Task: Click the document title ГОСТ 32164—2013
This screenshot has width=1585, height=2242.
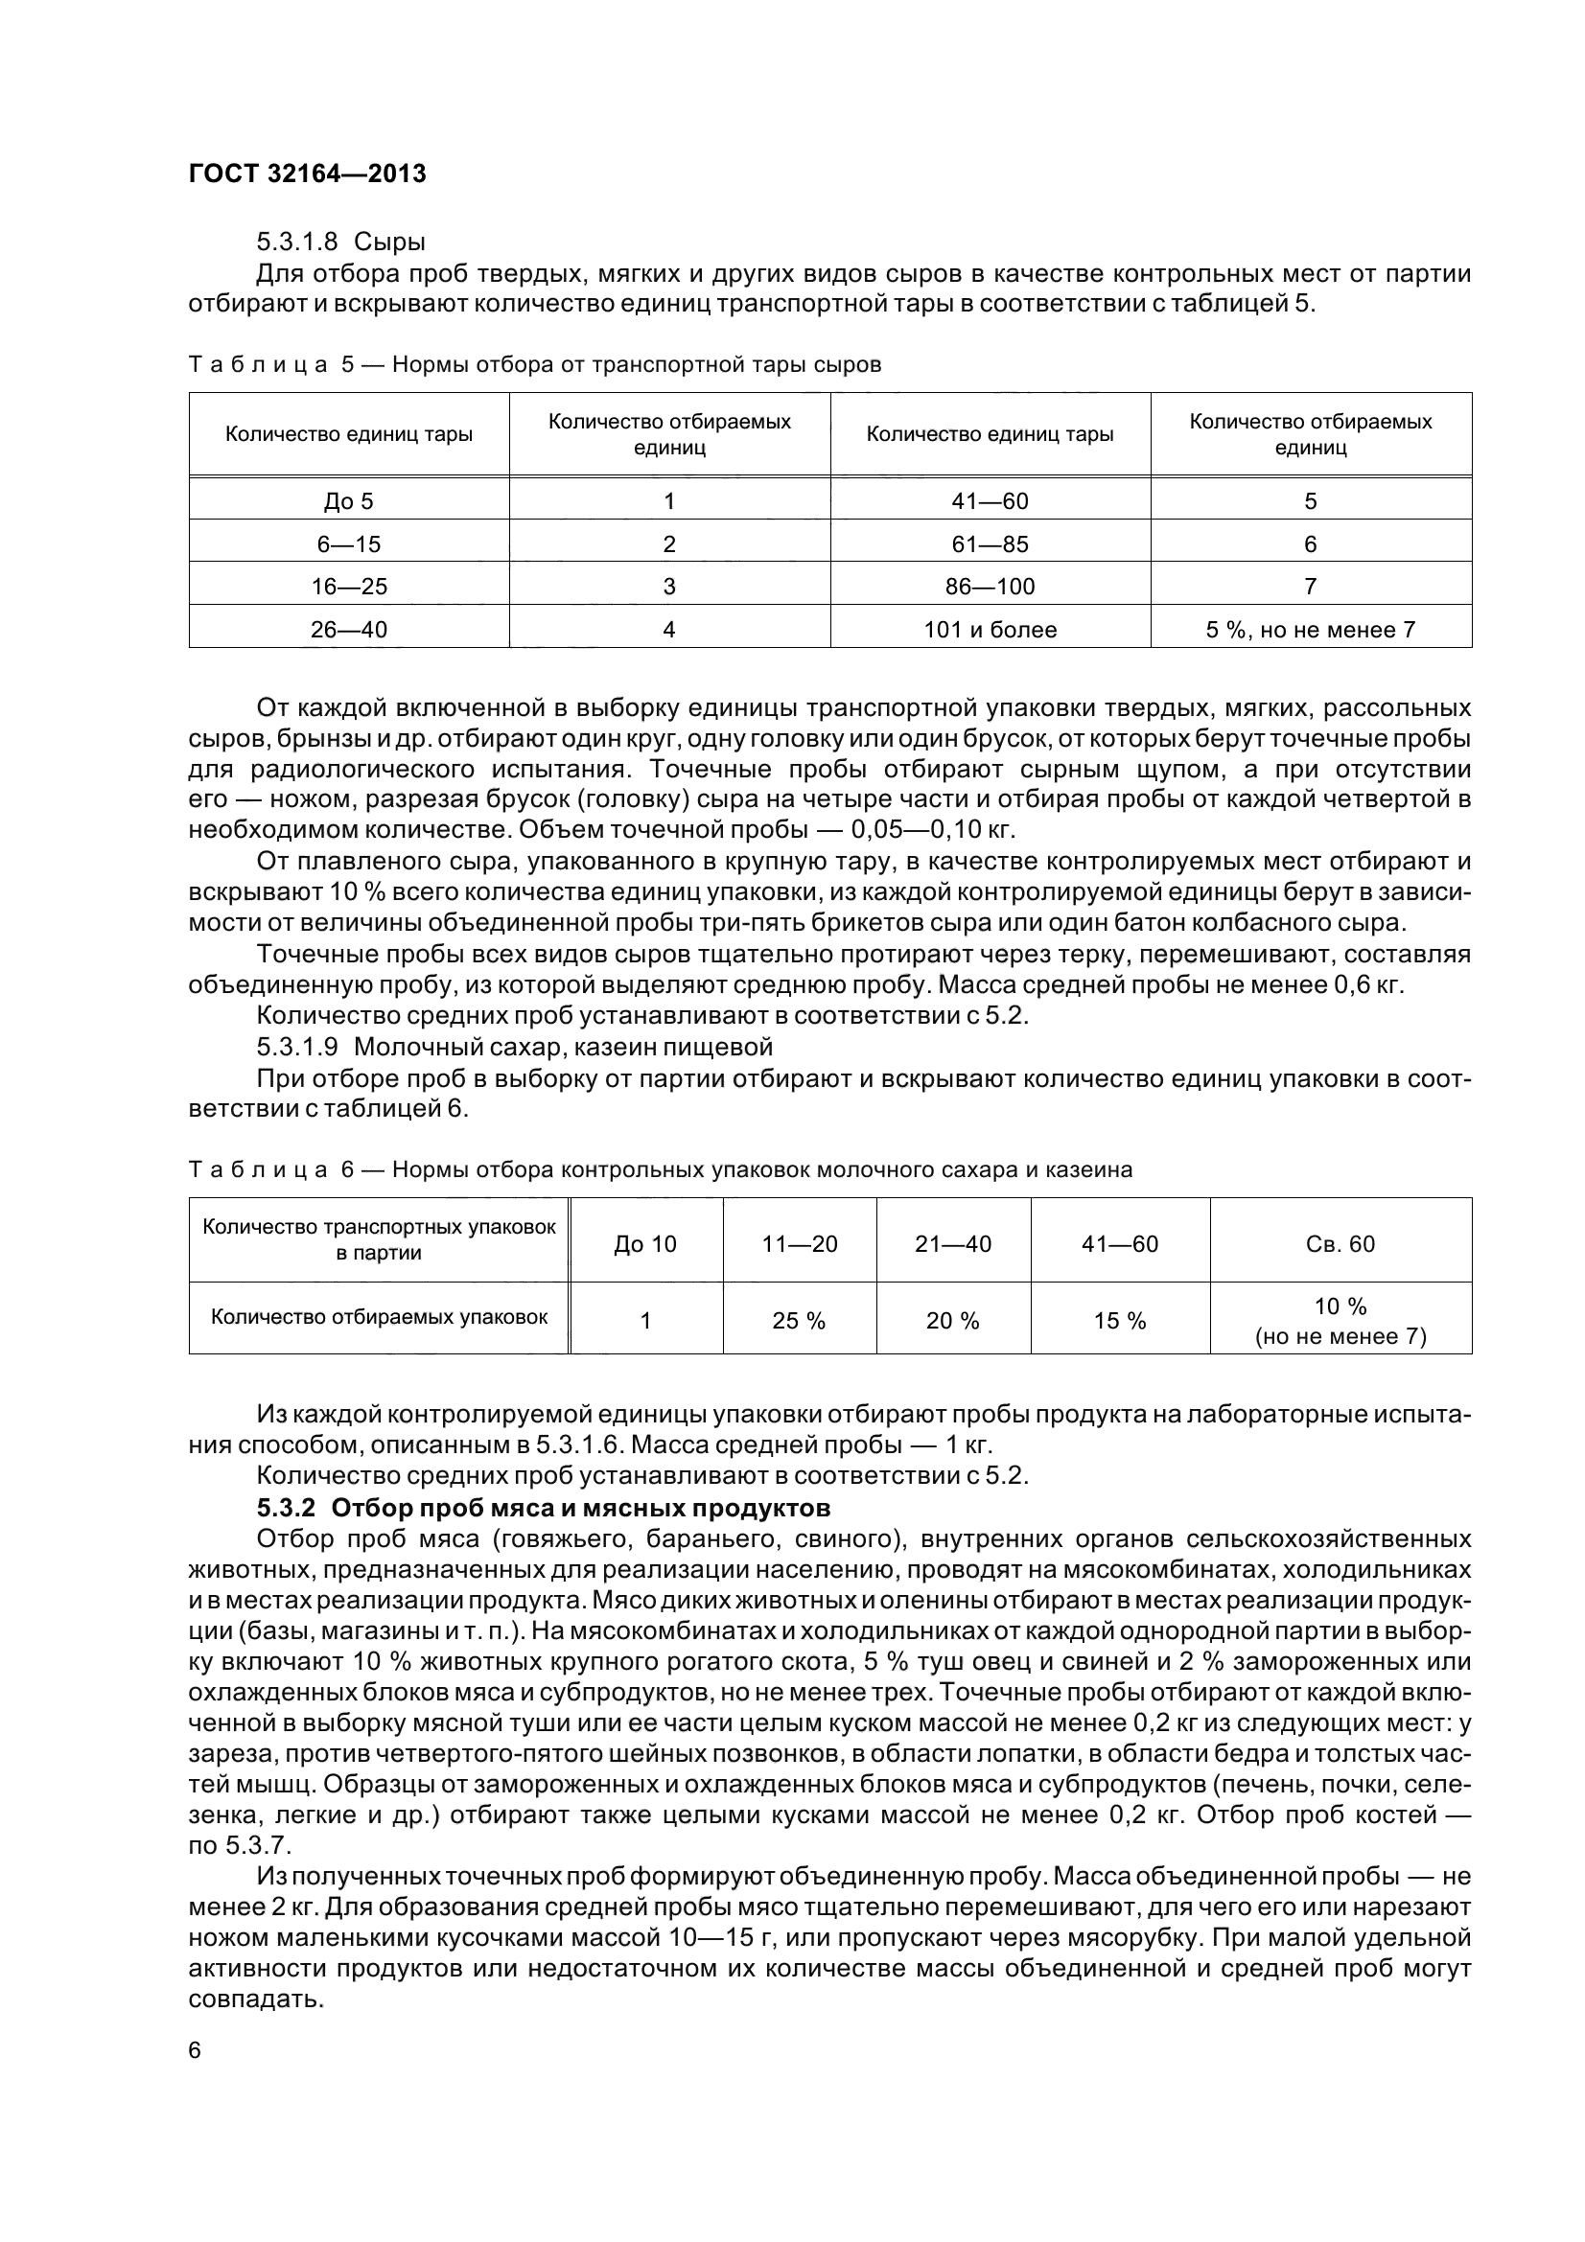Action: (307, 173)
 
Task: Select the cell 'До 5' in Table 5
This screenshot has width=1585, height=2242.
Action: (349, 501)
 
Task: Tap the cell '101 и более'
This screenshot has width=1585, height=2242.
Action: (991, 630)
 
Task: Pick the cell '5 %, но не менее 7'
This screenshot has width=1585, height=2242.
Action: (1311, 630)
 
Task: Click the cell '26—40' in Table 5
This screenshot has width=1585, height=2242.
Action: (349, 630)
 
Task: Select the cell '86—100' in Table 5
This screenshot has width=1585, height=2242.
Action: (991, 587)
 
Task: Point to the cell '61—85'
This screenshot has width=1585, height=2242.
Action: (991, 543)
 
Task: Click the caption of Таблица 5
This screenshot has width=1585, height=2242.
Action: (534, 365)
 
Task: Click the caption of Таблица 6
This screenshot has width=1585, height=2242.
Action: (660, 1169)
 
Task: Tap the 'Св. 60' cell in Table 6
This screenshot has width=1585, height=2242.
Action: (1340, 1243)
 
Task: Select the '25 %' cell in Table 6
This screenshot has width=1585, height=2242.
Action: (799, 1321)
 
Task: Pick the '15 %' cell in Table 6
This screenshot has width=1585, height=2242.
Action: (1119, 1321)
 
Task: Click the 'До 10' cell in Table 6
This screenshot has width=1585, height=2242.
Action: (644, 1243)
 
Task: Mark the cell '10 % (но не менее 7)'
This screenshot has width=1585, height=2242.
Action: (1340, 1321)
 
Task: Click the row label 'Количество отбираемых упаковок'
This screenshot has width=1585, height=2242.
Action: (379, 1317)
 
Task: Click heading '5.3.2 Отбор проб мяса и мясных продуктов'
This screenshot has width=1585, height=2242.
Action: (543, 1508)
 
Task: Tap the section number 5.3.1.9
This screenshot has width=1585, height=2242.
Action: (297, 1047)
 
